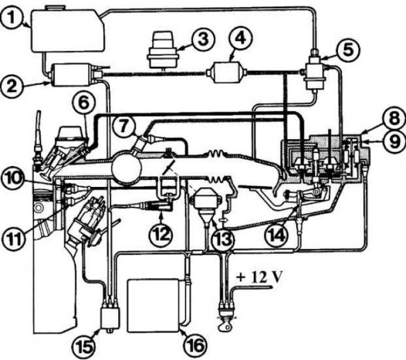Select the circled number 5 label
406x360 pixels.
pyautogui.click(x=348, y=49)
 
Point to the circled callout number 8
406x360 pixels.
pyautogui.click(x=394, y=119)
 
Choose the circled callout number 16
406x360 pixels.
pyautogui.click(x=196, y=345)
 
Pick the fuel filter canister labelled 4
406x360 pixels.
pyautogui.click(x=227, y=72)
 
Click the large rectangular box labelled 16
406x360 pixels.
pyautogui.click(x=153, y=305)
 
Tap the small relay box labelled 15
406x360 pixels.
pyautogui.click(x=111, y=317)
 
